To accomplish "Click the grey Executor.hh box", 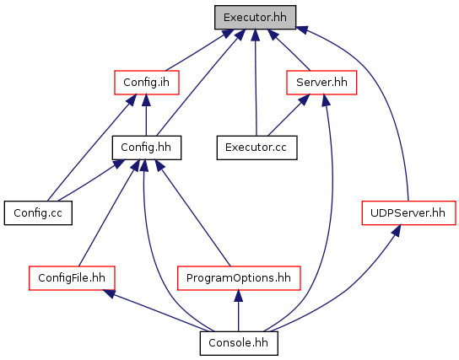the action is (255, 17).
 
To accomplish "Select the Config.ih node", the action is (146, 83).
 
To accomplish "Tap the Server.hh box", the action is (321, 83).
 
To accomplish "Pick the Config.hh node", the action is (146, 148).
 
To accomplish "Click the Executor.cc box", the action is (256, 148).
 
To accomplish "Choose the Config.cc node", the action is (38, 213).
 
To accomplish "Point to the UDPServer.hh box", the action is (408, 213).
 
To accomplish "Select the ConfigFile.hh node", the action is (72, 278).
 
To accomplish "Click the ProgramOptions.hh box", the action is (239, 278).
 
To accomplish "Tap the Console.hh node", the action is (239, 343).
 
